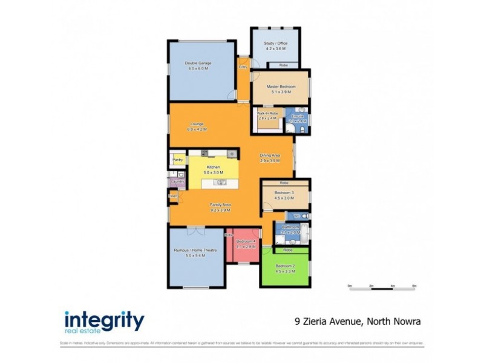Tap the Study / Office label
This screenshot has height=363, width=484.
[275, 43]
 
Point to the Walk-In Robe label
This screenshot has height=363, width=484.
[267, 114]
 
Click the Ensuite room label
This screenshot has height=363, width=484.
[297, 116]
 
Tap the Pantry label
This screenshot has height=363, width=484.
[178, 160]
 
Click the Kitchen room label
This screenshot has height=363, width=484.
[213, 166]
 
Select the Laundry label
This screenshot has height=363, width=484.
[177, 181]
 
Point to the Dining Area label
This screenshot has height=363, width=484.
[270, 155]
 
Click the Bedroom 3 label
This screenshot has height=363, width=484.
[284, 193]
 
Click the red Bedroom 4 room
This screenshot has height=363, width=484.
[246, 248]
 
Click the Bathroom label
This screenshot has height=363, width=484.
[291, 227]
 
